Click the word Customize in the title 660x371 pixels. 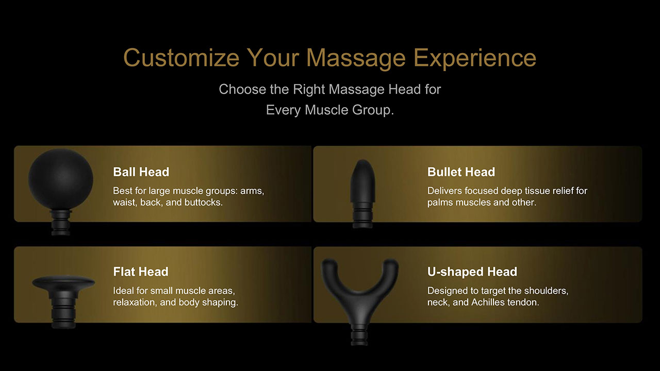tap(181, 57)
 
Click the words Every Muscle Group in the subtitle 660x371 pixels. tap(329, 110)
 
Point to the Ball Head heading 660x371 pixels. tap(141, 172)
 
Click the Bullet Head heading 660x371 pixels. tap(461, 172)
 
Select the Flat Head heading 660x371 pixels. tap(141, 272)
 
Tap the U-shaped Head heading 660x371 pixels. tap(472, 272)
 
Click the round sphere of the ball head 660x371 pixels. tap(61, 179)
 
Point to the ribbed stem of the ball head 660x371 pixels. tap(61, 223)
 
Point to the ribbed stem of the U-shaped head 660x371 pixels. tap(359, 335)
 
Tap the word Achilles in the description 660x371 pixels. tap(488, 302)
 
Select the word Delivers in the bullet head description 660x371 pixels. tap(444, 191)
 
